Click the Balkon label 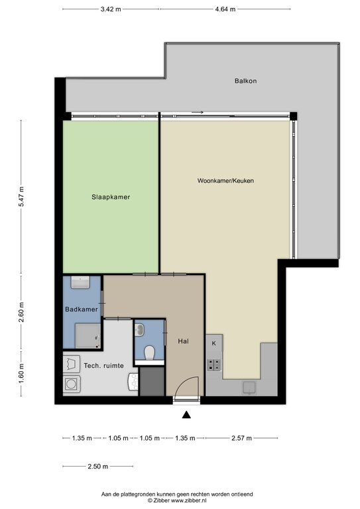pyautogui.click(x=245, y=81)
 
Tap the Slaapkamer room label pyautogui.click(x=111, y=197)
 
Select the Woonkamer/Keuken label pyautogui.click(x=225, y=181)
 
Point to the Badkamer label pyautogui.click(x=82, y=310)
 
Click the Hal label pyautogui.click(x=183, y=341)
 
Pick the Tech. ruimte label pyautogui.click(x=104, y=366)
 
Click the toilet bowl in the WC pyautogui.click(x=149, y=353)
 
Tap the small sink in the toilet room pyautogui.click(x=140, y=330)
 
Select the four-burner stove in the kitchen pyautogui.click(x=214, y=365)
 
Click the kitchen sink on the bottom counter pyautogui.click(x=249, y=388)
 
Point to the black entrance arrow pyautogui.click(x=186, y=415)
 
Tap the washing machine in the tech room pyautogui.click(x=72, y=384)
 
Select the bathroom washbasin pyautogui.click(x=80, y=282)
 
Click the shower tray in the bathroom pyautogui.click(x=88, y=336)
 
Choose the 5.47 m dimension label pyautogui.click(x=21, y=197)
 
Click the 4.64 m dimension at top pyautogui.click(x=225, y=9)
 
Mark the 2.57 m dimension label pyautogui.click(x=241, y=438)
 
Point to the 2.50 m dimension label pyautogui.click(x=97, y=467)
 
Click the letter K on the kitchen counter pyautogui.click(x=214, y=343)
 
